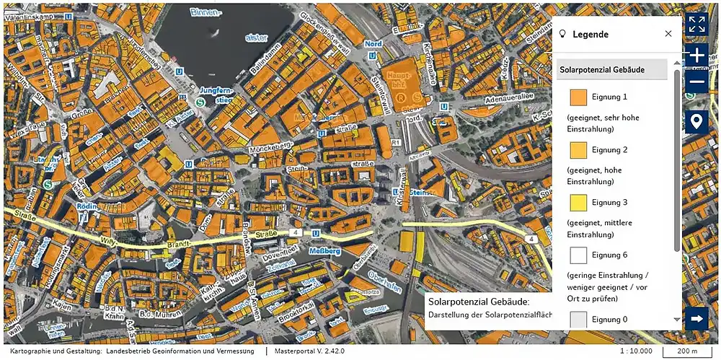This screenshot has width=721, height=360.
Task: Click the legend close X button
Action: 668,34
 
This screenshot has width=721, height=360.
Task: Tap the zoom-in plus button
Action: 696,55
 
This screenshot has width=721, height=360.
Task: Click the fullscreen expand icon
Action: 696,23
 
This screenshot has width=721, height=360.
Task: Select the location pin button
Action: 696,121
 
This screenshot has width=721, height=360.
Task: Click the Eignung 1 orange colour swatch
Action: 578,97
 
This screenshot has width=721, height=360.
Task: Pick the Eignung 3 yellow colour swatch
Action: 578,203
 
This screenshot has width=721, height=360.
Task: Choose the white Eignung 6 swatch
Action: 578,255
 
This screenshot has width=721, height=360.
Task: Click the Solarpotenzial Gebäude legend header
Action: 611,70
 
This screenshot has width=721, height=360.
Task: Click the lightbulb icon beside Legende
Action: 562,34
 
